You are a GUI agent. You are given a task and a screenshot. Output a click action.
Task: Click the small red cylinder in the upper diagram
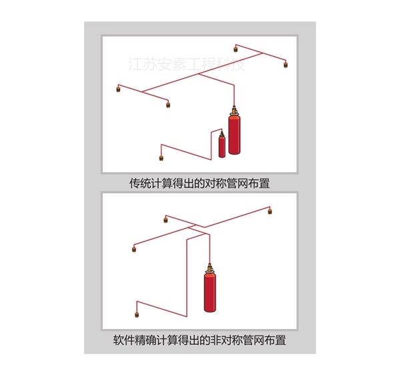tap(222, 146)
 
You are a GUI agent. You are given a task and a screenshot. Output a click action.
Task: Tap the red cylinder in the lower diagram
tap(210, 292)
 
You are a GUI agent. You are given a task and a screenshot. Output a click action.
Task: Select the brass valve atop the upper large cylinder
tap(234, 110)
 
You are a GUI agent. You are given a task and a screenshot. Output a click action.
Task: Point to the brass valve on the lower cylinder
tap(210, 268)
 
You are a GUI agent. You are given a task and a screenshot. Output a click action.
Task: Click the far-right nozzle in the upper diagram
tap(286, 65)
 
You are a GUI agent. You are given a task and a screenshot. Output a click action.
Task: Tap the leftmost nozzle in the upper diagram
tap(118, 89)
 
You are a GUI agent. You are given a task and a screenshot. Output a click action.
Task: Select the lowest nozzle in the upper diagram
tap(161, 158)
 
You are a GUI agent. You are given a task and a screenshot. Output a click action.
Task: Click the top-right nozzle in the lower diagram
tap(270, 212)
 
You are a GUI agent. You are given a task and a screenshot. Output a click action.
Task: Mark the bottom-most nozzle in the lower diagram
tap(137, 315)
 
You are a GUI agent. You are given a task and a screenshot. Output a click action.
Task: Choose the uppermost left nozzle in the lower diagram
tap(165, 220)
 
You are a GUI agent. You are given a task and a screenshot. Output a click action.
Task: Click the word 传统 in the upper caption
tap(139, 183)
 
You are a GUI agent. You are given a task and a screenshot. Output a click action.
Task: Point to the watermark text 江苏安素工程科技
tap(187, 64)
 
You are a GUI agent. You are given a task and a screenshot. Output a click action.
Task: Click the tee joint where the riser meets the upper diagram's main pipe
tap(199, 74)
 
